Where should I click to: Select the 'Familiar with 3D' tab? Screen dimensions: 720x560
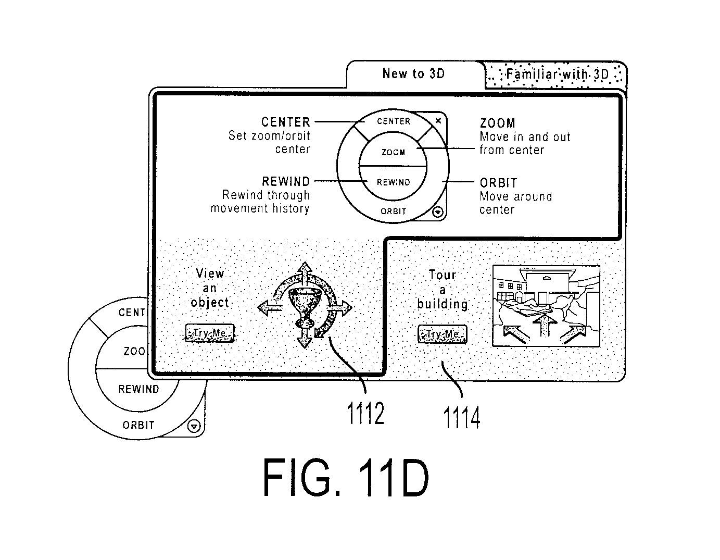[556, 75]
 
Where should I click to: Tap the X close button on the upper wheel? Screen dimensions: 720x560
[438, 121]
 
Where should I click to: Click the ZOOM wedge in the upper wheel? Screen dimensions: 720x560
[393, 152]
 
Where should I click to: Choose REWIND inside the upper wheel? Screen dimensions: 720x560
[393, 182]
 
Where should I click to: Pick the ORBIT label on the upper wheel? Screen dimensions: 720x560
[393, 211]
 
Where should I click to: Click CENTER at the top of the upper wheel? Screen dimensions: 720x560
[394, 121]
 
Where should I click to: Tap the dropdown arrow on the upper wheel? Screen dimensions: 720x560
[438, 212]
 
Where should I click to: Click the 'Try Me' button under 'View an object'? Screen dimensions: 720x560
[209, 333]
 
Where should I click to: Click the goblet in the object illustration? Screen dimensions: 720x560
[305, 308]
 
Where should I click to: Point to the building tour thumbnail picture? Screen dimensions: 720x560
[546, 306]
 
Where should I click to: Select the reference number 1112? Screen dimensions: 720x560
[365, 413]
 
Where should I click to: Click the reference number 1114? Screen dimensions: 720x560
[462, 417]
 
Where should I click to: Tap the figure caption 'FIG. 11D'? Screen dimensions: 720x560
[346, 478]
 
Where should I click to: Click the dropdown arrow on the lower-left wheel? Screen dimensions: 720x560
[194, 426]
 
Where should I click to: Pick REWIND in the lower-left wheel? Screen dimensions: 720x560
[139, 389]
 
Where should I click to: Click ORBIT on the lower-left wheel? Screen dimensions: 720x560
[138, 425]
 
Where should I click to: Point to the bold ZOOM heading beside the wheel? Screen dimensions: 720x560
[498, 123]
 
